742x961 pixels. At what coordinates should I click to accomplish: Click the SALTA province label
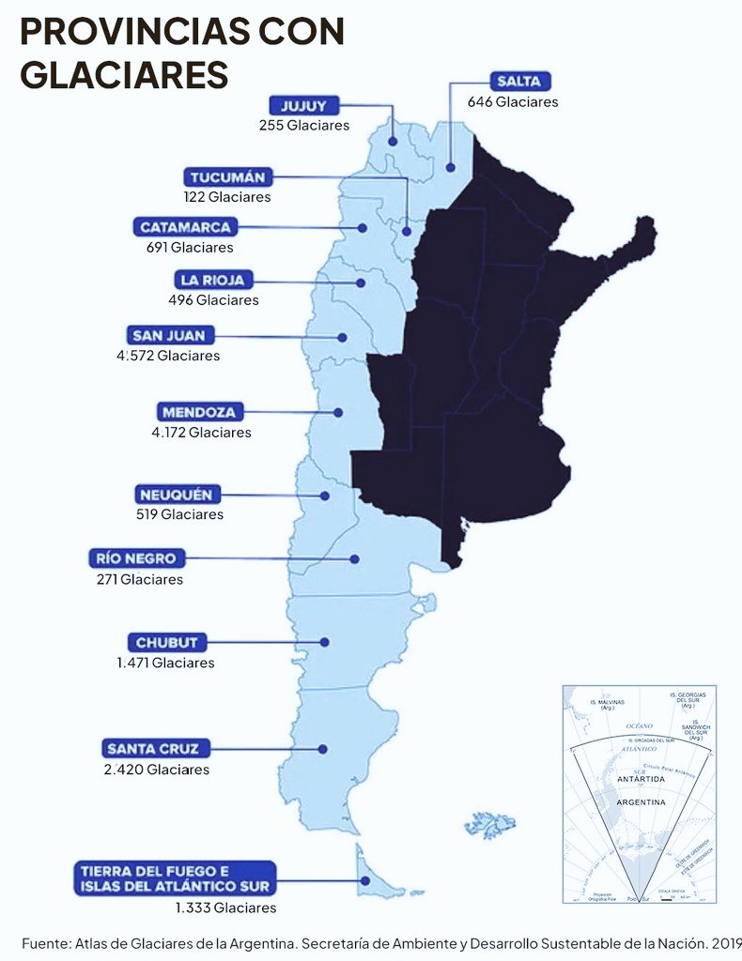click(519, 81)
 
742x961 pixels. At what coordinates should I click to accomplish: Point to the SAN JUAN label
click(172, 335)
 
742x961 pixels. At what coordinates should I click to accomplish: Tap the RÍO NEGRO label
click(136, 559)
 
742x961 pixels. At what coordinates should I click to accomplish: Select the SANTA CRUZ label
click(158, 748)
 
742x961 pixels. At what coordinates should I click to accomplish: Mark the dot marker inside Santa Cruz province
click(322, 749)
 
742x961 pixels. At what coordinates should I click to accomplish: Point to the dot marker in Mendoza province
click(338, 412)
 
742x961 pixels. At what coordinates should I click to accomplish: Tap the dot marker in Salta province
click(451, 168)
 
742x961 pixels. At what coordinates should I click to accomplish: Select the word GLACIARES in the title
click(124, 73)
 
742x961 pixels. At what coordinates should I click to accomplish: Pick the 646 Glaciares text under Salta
click(513, 101)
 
